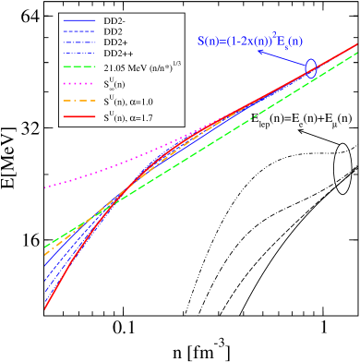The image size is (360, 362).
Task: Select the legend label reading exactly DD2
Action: [114, 31]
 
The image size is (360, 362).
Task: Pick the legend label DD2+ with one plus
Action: [116, 42]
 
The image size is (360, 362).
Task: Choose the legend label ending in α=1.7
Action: [138, 117]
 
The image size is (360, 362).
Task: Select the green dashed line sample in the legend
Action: [78, 67]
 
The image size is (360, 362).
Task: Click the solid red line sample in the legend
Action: [78, 117]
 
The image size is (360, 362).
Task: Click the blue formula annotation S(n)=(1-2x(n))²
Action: [249, 41]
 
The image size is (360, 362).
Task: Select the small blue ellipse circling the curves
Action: [311, 67]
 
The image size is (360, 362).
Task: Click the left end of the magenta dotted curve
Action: [46, 187]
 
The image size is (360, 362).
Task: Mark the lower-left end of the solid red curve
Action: [46, 308]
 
